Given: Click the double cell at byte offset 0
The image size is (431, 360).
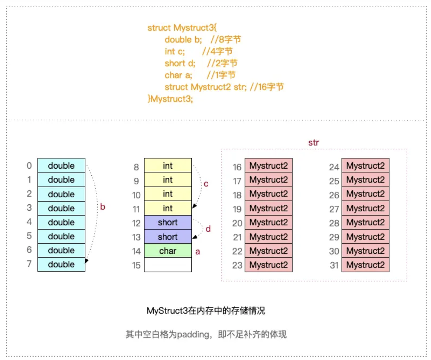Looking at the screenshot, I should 61,165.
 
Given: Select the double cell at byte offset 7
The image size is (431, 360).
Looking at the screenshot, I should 61,264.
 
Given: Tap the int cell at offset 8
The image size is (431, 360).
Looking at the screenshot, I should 168,165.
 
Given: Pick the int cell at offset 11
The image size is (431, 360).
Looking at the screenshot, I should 168,208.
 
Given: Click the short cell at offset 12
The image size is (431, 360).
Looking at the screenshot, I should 168,222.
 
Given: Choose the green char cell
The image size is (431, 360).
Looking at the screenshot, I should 168,251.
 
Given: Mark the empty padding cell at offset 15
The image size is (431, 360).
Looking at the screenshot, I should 168,265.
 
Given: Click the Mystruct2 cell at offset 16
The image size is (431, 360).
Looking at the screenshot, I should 269,165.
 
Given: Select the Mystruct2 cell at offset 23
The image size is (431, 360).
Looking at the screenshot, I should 269,265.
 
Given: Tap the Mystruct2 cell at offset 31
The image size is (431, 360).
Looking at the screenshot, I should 365,265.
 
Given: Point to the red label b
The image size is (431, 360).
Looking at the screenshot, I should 102,207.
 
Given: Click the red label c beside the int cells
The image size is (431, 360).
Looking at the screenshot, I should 206,184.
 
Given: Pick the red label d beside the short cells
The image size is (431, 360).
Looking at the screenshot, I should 208,229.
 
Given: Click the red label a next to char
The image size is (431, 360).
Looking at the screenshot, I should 197,252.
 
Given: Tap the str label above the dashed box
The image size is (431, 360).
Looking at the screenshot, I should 313,143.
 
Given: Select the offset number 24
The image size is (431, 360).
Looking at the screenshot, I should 334,167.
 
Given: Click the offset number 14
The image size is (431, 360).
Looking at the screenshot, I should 136,251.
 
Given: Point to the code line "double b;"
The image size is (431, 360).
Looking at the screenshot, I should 183,40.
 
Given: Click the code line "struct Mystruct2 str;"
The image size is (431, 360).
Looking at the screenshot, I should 205,87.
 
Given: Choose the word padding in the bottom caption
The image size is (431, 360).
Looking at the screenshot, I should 193,334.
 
